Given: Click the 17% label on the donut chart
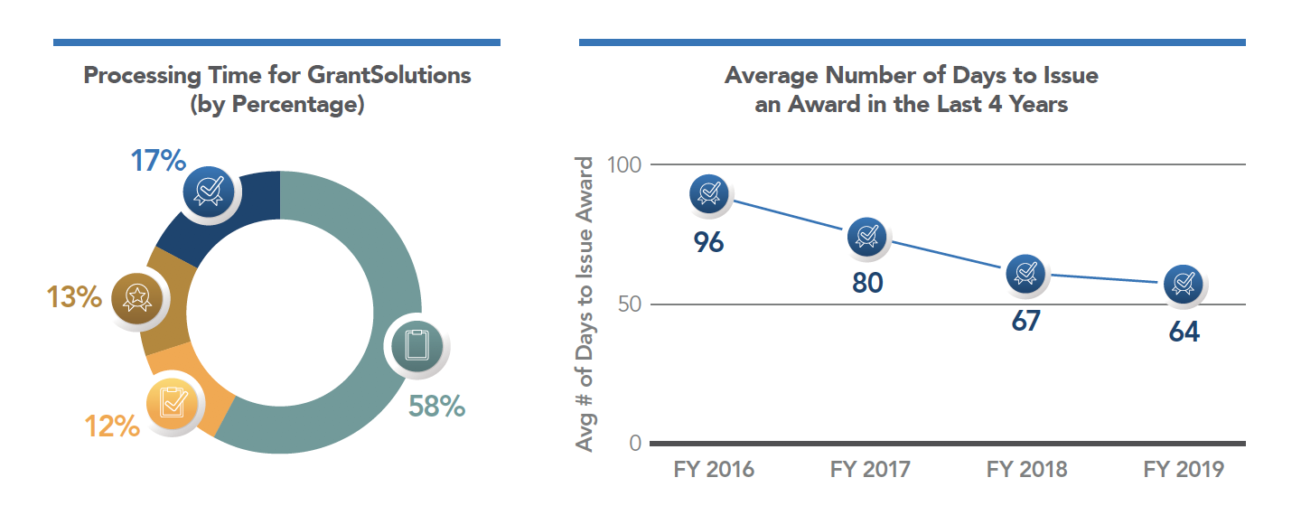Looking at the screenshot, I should click(158, 161).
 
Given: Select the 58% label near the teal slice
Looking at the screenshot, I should click(436, 406).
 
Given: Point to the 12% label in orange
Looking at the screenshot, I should click(112, 425).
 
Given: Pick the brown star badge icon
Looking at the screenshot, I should click(136, 297).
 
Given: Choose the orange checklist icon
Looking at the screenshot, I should click(173, 400).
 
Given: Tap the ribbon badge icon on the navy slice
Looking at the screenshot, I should click(209, 191).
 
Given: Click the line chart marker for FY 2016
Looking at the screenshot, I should click(710, 192).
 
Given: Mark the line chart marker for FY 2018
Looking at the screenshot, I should click(1025, 272).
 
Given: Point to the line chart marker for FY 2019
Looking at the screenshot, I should click(1182, 285).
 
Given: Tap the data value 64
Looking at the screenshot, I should click(1184, 332).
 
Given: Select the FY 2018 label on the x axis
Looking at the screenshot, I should click(1026, 470).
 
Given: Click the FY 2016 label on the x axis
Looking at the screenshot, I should click(714, 470).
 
